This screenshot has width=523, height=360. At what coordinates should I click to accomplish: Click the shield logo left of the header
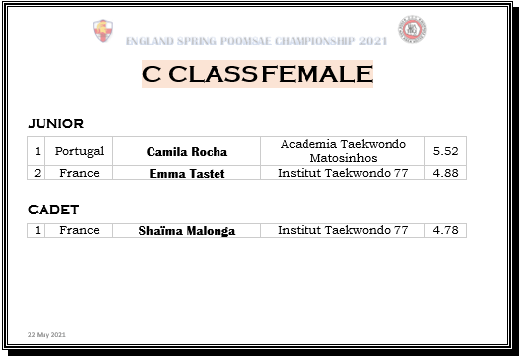(x=103, y=31)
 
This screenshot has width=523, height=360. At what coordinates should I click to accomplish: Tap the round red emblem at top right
(x=412, y=29)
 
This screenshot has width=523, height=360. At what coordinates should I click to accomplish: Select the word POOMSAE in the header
(x=246, y=41)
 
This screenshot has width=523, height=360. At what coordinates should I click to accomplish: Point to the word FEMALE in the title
(x=317, y=74)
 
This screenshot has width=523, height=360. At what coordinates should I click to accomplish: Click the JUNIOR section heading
(x=55, y=123)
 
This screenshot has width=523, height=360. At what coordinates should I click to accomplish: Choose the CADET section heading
(x=53, y=210)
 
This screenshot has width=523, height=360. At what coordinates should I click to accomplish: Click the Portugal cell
(x=79, y=151)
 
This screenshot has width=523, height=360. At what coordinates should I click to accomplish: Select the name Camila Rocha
(x=187, y=152)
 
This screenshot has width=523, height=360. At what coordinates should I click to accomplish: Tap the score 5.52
(x=445, y=151)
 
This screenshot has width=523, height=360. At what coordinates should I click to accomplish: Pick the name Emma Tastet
(x=187, y=174)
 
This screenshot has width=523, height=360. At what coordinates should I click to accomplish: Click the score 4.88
(x=445, y=173)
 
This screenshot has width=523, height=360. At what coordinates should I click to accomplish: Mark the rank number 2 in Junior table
(x=37, y=173)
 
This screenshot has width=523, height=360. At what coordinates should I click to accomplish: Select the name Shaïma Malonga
(x=187, y=231)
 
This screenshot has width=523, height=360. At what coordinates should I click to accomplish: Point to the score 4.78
(x=445, y=230)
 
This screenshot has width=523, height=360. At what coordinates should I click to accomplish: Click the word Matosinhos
(x=343, y=158)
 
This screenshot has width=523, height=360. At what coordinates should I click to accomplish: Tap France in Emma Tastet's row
(x=79, y=173)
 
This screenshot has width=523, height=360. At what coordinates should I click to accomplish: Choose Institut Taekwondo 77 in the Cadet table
(x=343, y=230)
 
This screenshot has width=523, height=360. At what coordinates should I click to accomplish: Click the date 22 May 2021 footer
(x=46, y=334)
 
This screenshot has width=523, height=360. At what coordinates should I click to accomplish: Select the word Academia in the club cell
(x=308, y=144)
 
